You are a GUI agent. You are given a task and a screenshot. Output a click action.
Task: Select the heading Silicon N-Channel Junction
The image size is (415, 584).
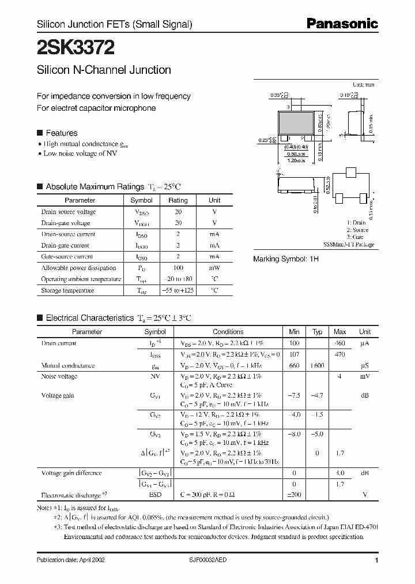(x=104, y=70)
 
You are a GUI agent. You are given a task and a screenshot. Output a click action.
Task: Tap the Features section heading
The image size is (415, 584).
(x=61, y=133)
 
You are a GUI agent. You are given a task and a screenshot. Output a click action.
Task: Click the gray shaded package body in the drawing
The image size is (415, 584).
(x=300, y=123)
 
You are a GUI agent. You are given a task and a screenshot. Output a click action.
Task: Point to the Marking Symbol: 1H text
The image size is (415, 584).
(x=286, y=259)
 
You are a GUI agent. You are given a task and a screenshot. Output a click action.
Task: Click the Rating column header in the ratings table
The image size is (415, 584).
(x=178, y=200)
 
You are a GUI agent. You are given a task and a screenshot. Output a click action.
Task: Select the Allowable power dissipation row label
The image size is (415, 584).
(x=78, y=268)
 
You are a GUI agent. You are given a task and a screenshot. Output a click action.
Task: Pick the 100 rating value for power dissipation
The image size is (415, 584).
(x=178, y=268)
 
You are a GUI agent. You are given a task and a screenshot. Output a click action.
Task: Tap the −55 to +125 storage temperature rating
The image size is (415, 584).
(x=178, y=290)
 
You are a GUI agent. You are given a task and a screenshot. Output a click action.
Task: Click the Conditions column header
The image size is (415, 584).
(x=228, y=332)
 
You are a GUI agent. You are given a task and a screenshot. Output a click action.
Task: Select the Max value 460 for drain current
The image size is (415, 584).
(x=339, y=343)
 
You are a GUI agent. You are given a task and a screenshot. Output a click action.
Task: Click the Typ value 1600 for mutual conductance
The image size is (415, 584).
(x=317, y=366)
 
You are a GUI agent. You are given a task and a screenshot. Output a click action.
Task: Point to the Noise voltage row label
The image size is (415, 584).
(x=59, y=376)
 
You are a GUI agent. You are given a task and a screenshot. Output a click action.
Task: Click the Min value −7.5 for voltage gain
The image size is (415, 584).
(x=295, y=395)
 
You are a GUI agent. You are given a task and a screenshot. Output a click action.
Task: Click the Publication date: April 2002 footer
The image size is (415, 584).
(x=70, y=560)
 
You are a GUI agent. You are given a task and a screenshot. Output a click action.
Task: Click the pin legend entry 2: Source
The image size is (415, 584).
(x=358, y=230)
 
